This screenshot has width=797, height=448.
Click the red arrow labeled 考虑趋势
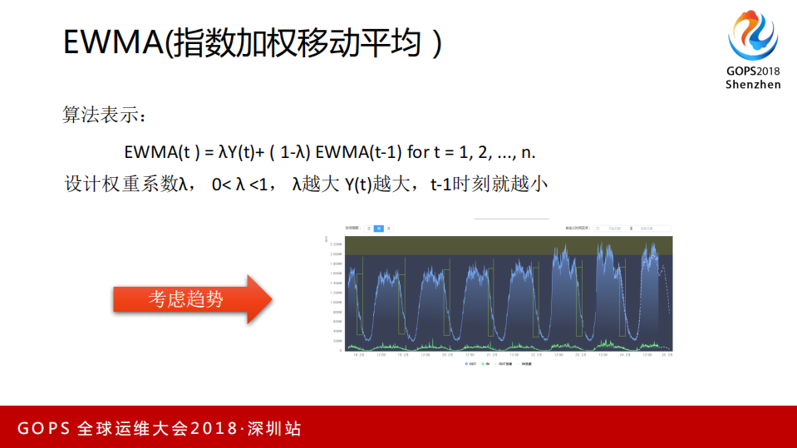click(192, 299)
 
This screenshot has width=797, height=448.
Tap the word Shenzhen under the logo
click(753, 85)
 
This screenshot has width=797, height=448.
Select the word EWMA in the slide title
click(113, 43)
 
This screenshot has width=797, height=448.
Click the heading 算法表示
click(104, 114)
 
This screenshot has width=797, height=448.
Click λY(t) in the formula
click(238, 152)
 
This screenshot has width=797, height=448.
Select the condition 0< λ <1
click(241, 184)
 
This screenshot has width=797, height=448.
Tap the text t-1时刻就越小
click(490, 184)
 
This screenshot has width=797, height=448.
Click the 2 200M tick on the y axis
click(336, 244)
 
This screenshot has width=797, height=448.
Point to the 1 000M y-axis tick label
click(336, 302)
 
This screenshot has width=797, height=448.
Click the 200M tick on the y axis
click(337, 341)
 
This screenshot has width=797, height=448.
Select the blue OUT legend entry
click(470, 364)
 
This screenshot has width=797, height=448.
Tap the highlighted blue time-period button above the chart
click(378, 227)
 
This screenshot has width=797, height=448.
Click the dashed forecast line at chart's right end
click(666, 291)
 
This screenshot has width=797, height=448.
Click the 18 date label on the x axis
click(359, 355)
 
